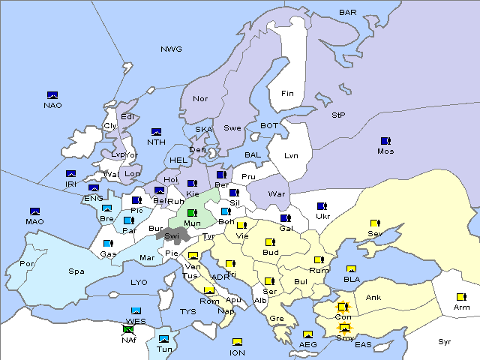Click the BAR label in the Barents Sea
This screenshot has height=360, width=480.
pos(347,13)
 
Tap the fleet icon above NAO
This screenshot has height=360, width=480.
pos(52,95)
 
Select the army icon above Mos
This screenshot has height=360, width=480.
pos(385,141)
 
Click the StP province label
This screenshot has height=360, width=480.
pos(338,115)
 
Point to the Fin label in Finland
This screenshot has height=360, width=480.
pos(287,94)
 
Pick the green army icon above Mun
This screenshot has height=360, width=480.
pos(191,213)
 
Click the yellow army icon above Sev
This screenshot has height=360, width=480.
pos(374,223)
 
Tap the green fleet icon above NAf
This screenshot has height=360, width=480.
pos(127,329)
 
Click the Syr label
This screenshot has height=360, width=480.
pos(445,341)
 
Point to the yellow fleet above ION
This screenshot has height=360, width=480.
pos(237,342)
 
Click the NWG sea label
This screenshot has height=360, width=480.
pos(171,49)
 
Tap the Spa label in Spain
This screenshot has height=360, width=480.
pos(76,271)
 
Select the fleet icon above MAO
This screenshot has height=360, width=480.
pos(34,211)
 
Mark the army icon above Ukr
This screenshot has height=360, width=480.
pos(322,206)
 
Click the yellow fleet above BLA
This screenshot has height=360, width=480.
pos(351,269)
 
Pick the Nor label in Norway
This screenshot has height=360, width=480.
pos(200,99)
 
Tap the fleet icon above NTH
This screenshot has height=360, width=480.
pos(156,132)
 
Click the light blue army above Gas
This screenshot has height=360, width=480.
pos(108,244)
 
